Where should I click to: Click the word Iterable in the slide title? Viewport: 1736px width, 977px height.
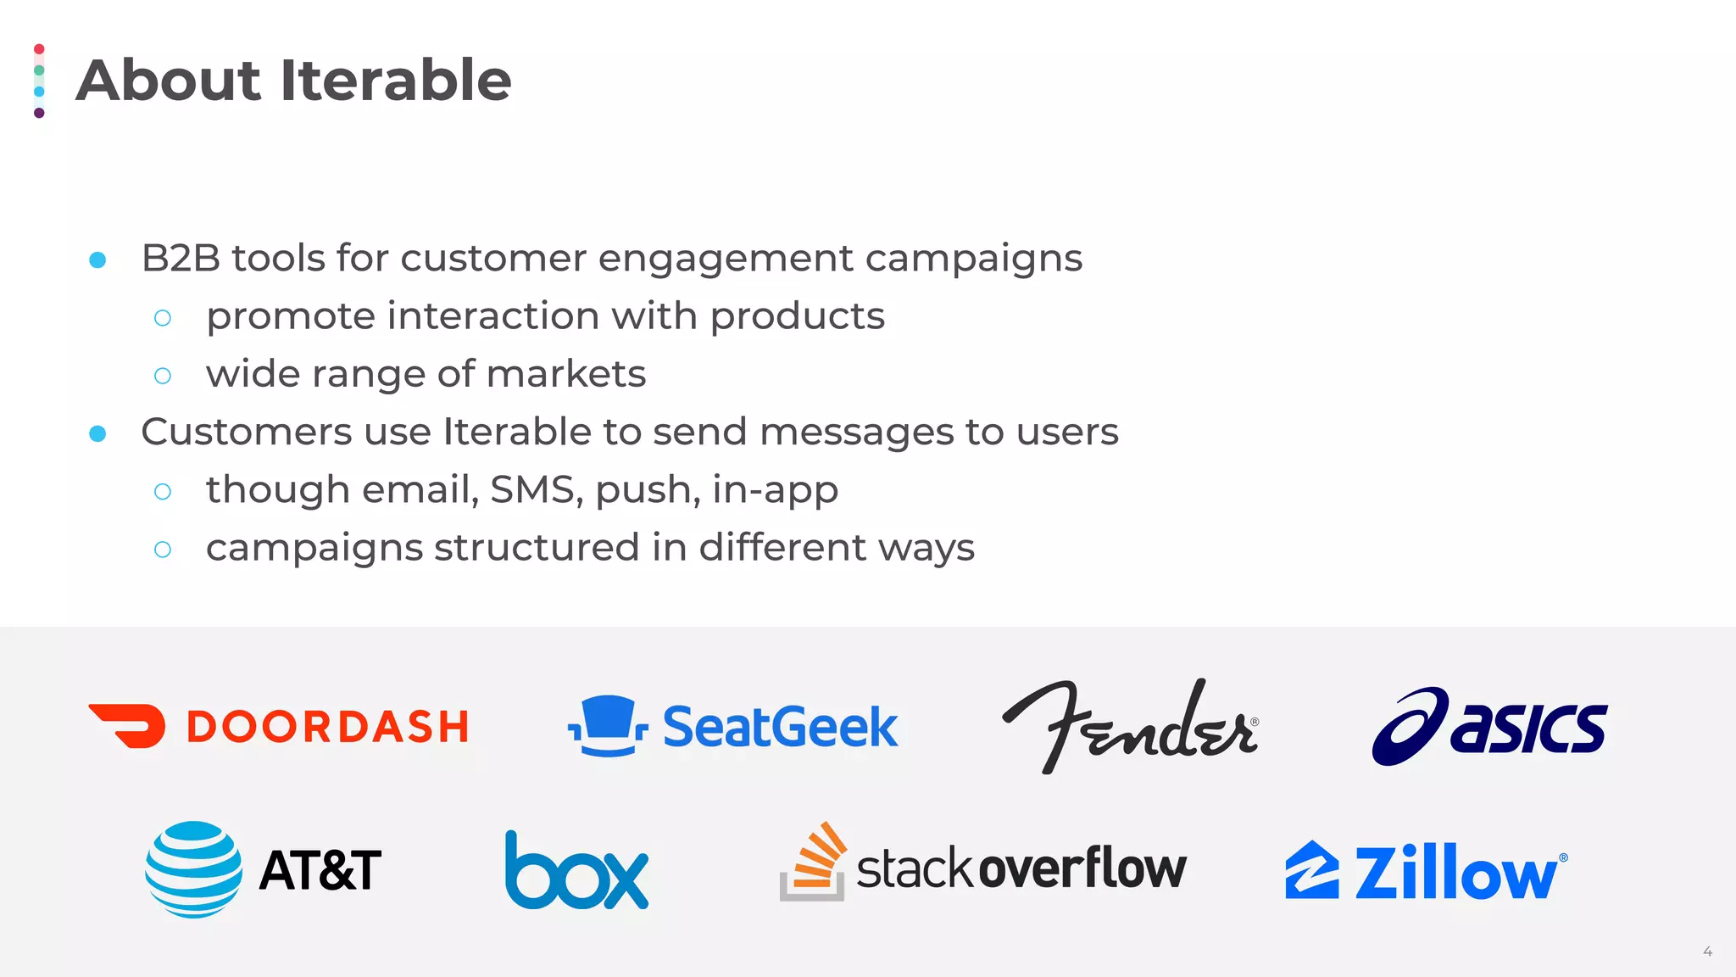[x=395, y=81]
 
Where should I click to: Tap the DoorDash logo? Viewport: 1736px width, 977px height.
[x=278, y=727]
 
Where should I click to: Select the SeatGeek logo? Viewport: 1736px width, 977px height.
[x=733, y=727]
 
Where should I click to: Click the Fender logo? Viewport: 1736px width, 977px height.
[x=1130, y=727]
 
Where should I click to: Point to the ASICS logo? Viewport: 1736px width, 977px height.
[x=1489, y=727]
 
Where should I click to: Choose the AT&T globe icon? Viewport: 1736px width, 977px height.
[x=193, y=869]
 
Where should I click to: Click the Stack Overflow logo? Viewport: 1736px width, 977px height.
[x=983, y=865]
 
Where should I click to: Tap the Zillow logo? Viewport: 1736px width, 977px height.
[x=1427, y=871]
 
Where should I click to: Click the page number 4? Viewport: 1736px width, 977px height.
[x=1707, y=952]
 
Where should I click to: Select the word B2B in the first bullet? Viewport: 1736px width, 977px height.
[x=181, y=258]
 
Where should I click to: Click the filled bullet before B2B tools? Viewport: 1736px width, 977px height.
[x=97, y=260]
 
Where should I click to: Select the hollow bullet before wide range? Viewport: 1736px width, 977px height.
[x=163, y=376]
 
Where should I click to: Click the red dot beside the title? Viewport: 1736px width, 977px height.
[x=39, y=49]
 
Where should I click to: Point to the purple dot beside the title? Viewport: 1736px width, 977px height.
[x=39, y=113]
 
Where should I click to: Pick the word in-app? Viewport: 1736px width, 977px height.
[x=775, y=489]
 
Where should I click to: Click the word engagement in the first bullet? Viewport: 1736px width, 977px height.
[x=726, y=258]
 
